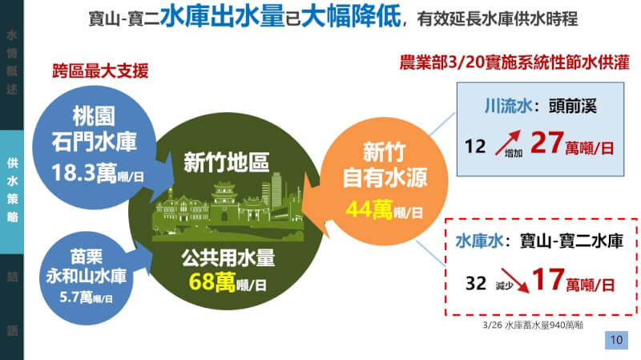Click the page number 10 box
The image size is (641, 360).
coord(615,341)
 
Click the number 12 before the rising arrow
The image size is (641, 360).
coord(476,147)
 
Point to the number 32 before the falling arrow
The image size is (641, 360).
coord(477,283)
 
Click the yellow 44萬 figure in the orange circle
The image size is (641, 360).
coord(369,210)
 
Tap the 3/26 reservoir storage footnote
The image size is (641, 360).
coord(532,327)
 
